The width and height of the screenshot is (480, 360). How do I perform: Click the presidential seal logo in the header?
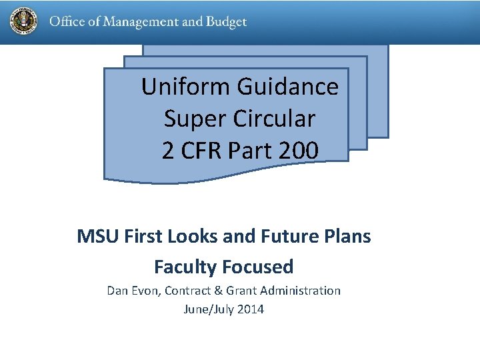coord(24,21)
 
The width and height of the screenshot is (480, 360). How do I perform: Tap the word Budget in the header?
coord(227,22)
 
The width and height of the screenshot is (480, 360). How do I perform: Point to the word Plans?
coord(349,236)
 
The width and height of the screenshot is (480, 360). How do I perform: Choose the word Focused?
coord(258,267)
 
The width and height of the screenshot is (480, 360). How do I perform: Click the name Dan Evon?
coord(133,291)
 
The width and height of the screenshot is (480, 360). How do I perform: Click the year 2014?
coord(251,309)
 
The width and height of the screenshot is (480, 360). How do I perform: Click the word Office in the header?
coord(65,22)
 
